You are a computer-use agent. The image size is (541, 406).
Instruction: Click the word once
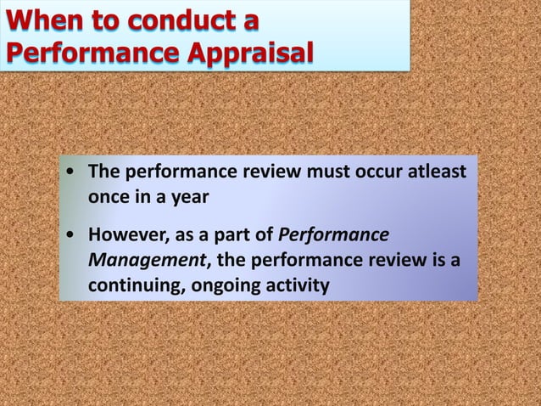[109, 197]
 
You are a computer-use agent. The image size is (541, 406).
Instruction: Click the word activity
[297, 282]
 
